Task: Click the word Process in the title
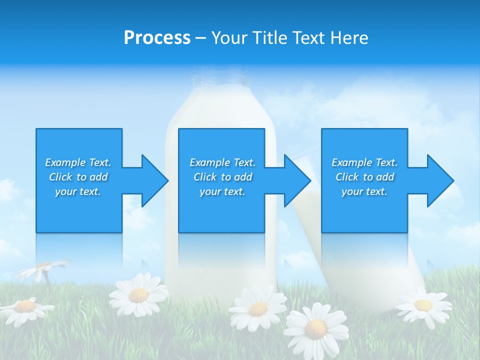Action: (157, 38)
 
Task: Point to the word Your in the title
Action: (229, 38)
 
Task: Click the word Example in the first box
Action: (65, 162)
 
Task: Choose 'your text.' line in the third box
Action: (364, 191)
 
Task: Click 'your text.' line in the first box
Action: (78, 191)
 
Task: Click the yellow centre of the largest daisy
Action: (315, 328)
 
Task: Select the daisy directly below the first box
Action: (138, 295)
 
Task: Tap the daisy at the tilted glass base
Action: (423, 305)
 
